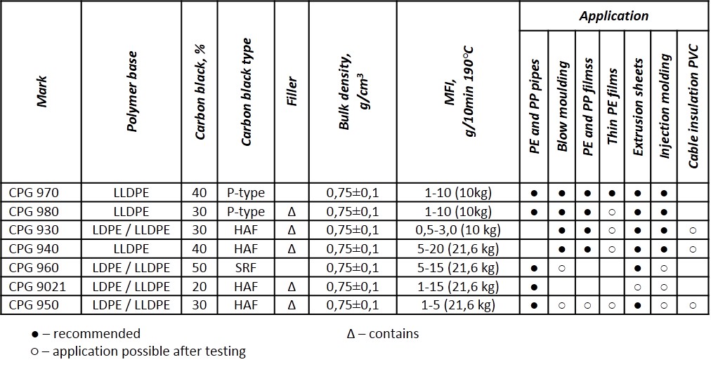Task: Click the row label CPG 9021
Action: click(37, 287)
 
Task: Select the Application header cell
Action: click(614, 16)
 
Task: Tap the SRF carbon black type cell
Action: click(246, 267)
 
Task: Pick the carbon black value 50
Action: click(200, 267)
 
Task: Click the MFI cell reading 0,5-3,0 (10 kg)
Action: click(458, 230)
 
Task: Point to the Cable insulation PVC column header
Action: click(693, 106)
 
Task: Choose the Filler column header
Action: click(292, 91)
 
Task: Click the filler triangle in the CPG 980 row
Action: click(292, 211)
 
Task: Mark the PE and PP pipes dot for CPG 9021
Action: click(534, 287)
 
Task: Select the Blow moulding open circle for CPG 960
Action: click(562, 268)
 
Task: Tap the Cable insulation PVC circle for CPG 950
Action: click(693, 306)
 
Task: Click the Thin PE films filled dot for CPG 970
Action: click(612, 194)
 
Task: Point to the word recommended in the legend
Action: click(96, 334)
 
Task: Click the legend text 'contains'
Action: click(393, 334)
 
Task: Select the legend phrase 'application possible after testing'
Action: click(149, 351)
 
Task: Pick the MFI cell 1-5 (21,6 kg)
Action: click(458, 305)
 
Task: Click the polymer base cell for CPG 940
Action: click(131, 248)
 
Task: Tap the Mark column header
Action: click(42, 91)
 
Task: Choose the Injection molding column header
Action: click(665, 106)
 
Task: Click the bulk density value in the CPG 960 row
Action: click(352, 267)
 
